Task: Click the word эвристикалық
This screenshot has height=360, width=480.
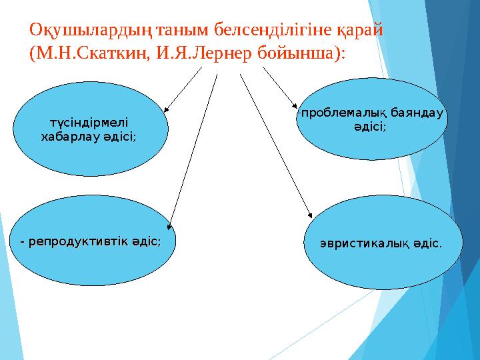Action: (x=365, y=245)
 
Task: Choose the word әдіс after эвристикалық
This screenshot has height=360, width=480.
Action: (x=428, y=245)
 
